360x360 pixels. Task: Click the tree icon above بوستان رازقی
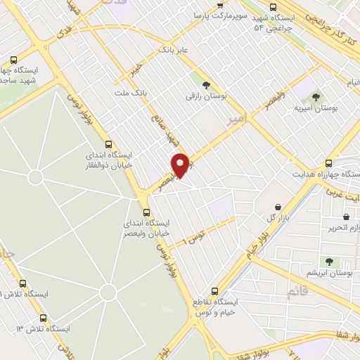pos(206,84)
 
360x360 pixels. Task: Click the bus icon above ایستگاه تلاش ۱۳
pos(44,318)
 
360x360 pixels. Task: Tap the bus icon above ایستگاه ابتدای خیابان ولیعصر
pos(146,212)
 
